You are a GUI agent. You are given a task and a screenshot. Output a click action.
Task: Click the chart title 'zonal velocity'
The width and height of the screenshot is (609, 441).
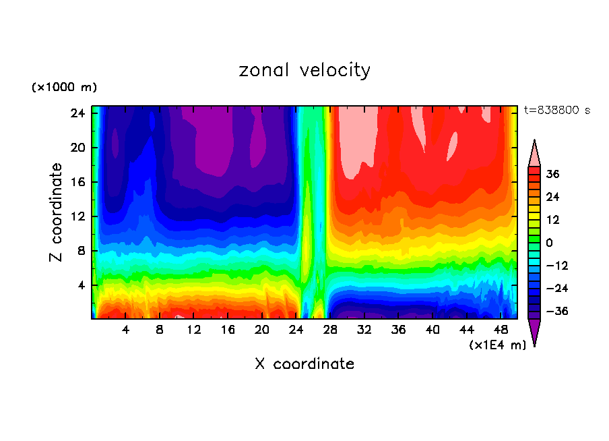pyautogui.click(x=304, y=70)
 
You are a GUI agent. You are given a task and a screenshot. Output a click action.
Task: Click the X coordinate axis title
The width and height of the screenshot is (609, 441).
pyautogui.click(x=304, y=364)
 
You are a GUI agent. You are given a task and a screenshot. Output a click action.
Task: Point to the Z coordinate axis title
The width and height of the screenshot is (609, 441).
pyautogui.click(x=57, y=212)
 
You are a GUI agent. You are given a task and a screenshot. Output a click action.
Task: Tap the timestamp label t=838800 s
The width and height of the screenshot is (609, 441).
pyautogui.click(x=556, y=111)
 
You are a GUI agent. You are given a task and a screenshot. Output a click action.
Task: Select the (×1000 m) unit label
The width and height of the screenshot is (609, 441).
pyautogui.click(x=64, y=88)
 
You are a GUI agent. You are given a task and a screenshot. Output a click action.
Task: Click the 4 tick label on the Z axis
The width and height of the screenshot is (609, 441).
pyautogui.click(x=79, y=285)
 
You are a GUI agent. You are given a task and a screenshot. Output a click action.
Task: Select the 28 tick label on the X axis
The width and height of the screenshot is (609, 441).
pyautogui.click(x=330, y=330)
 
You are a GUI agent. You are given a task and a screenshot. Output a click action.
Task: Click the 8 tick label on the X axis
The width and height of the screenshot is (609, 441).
pyautogui.click(x=160, y=330)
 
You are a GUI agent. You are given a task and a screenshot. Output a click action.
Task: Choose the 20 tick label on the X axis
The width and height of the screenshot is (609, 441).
pyautogui.click(x=262, y=330)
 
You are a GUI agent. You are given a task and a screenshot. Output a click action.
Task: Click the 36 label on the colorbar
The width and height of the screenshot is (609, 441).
pyautogui.click(x=552, y=174)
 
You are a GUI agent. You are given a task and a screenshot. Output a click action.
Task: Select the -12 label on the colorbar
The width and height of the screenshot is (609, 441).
pyautogui.click(x=554, y=265)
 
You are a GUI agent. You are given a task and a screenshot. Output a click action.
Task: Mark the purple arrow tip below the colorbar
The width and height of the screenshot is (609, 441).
pyautogui.click(x=534, y=334)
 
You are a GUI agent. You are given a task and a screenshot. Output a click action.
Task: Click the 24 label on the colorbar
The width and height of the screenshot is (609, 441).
pyautogui.click(x=552, y=197)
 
